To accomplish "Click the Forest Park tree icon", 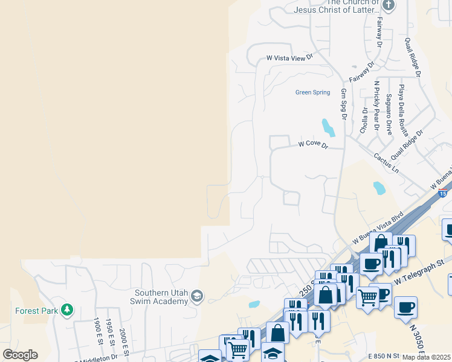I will click(x=67, y=310).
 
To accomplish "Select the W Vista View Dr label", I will click(x=290, y=58).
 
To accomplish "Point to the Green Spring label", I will click(x=312, y=92).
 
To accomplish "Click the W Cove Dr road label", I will click(x=313, y=145).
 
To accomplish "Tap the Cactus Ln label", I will click(x=386, y=161).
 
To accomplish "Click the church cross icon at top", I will click(x=388, y=6).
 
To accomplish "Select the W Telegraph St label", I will click(x=419, y=272).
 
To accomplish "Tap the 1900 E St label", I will click(x=97, y=331).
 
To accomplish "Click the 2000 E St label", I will click(x=123, y=339).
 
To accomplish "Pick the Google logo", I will click(x=20, y=355).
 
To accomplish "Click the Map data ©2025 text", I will click(x=427, y=357).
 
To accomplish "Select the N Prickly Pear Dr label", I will click(x=376, y=106).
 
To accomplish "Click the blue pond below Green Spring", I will click(x=328, y=127).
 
